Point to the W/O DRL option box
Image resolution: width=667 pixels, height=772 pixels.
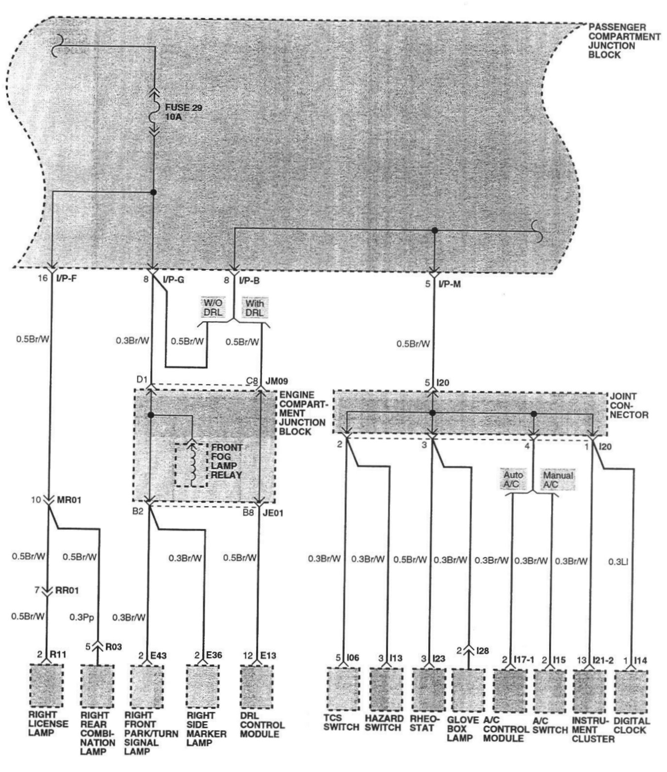(x=212, y=308)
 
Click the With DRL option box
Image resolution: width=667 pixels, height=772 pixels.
(x=255, y=308)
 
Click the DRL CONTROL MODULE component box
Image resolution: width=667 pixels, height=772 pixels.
(x=256, y=686)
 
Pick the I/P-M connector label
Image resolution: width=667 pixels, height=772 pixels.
(x=449, y=284)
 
